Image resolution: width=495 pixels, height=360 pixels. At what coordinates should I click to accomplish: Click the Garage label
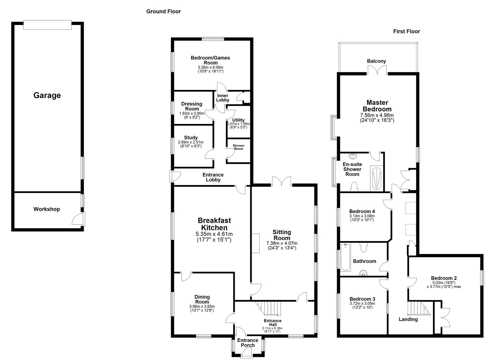pyautogui.click(x=47, y=95)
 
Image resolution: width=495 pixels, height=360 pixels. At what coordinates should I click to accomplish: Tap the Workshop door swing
pyautogui.click(x=78, y=219)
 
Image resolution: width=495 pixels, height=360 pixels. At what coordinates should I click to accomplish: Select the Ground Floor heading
pyautogui.click(x=163, y=12)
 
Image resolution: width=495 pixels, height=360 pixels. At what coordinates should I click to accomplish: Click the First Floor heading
pyautogui.click(x=406, y=31)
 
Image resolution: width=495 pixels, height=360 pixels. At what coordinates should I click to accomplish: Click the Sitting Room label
pyautogui.click(x=282, y=235)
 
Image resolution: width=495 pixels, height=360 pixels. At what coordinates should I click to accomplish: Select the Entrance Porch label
pyautogui.click(x=248, y=343)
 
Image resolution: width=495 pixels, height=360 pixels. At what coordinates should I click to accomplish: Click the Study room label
pyautogui.click(x=191, y=138)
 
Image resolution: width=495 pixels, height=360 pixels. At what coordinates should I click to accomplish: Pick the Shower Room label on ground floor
pyautogui.click(x=238, y=147)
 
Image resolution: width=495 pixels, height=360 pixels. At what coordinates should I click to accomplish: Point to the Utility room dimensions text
pyautogui.click(x=238, y=125)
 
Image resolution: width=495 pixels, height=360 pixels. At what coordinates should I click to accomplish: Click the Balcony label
pyautogui.click(x=376, y=61)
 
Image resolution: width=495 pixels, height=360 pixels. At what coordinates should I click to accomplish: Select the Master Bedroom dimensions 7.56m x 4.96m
pyautogui.click(x=377, y=118)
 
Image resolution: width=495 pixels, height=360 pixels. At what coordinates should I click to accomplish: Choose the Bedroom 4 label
pyautogui.click(x=362, y=211)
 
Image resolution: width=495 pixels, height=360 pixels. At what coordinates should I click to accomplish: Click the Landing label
pyautogui.click(x=408, y=319)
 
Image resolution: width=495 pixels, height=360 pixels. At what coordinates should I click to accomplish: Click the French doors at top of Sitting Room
pyautogui.click(x=282, y=182)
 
